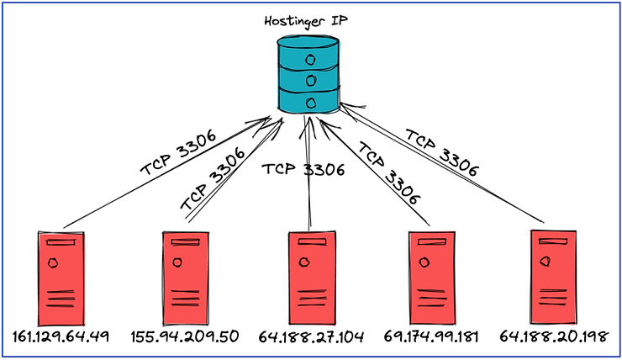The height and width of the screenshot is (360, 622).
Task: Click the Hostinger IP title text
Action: (306, 21)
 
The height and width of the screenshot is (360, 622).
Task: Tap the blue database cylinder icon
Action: (308, 74)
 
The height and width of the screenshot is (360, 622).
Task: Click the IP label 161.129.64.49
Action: (61, 336)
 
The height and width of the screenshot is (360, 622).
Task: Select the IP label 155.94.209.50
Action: (185, 336)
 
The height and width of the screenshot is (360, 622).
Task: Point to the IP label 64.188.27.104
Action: (311, 337)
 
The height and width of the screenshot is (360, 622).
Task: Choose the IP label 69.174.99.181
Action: (431, 336)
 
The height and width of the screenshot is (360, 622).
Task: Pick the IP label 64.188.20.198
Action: (553, 336)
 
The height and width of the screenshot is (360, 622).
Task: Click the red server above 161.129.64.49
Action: (61, 278)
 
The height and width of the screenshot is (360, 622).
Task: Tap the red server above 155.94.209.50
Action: (186, 278)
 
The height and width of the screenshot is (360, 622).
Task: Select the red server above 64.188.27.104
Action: (312, 278)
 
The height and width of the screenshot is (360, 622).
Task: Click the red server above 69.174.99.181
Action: (431, 278)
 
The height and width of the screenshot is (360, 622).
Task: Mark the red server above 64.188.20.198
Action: (553, 278)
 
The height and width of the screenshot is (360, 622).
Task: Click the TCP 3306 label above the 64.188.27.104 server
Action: (303, 169)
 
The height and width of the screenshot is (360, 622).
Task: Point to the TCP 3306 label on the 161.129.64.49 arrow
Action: (178, 152)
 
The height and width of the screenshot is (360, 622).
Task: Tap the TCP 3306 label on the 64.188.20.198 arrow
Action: (442, 152)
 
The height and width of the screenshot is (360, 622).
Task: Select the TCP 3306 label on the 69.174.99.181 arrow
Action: (388, 173)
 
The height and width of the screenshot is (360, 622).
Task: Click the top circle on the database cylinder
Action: (310, 61)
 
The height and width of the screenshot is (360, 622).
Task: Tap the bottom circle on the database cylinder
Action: (311, 103)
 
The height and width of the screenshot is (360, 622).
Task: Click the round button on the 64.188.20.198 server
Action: (546, 261)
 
